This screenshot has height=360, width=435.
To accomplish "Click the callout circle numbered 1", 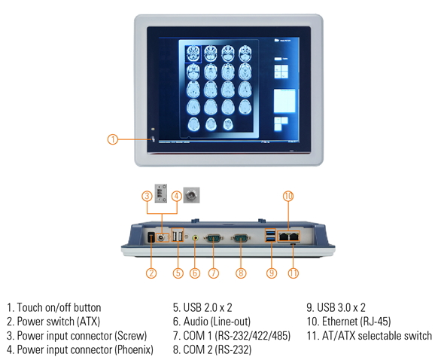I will (112, 139).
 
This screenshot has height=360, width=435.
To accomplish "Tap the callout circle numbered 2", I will (151, 273).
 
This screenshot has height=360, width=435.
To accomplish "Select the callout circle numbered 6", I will (195, 273).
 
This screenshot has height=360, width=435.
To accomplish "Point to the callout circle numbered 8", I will (241, 273).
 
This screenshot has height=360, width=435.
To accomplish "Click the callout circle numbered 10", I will (287, 197).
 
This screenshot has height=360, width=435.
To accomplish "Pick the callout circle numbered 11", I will (294, 273).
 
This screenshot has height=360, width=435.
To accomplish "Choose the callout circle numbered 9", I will (270, 273).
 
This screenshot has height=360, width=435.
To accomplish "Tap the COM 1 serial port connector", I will (213, 237).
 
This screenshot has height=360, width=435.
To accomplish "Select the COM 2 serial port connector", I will (241, 237).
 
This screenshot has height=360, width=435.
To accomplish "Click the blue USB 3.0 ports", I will (270, 236).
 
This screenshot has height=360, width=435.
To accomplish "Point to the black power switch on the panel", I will (150, 238).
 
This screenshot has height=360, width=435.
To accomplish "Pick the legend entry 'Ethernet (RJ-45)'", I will (348, 322).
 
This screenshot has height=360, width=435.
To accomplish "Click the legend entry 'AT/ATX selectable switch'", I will (368, 335).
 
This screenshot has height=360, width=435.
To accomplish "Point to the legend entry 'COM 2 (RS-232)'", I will (211, 349).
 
